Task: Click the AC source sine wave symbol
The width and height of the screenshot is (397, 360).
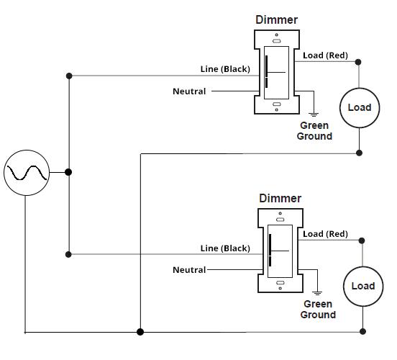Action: click(x=27, y=173)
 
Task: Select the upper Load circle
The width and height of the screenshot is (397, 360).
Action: click(x=359, y=107)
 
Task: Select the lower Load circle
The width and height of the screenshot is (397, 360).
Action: click(x=362, y=286)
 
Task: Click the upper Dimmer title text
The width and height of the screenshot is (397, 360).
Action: click(x=276, y=20)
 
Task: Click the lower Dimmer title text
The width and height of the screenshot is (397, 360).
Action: click(x=280, y=198)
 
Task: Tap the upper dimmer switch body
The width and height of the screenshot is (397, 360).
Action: click(x=276, y=72)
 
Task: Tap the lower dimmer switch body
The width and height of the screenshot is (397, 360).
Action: click(x=279, y=251)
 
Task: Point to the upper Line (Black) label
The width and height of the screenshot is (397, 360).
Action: click(x=224, y=69)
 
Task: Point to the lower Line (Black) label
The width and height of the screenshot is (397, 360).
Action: click(x=224, y=248)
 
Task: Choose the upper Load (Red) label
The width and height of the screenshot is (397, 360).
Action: click(x=325, y=55)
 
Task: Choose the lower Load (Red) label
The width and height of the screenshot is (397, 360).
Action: click(x=325, y=234)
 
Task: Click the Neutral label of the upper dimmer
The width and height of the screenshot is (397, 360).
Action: click(x=189, y=91)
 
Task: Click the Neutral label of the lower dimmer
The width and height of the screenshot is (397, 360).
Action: click(x=189, y=270)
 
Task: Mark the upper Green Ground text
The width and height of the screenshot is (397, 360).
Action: click(x=314, y=130)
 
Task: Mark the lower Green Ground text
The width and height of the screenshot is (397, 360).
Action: click(x=318, y=310)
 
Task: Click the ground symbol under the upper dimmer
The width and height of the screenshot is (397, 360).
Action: click(x=313, y=113)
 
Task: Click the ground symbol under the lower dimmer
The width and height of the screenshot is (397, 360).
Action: click(x=316, y=292)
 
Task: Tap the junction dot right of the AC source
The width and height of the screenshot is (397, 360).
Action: click(x=69, y=172)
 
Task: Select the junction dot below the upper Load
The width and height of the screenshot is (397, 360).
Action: click(x=360, y=153)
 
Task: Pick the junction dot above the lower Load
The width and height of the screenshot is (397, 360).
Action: click(x=362, y=241)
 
